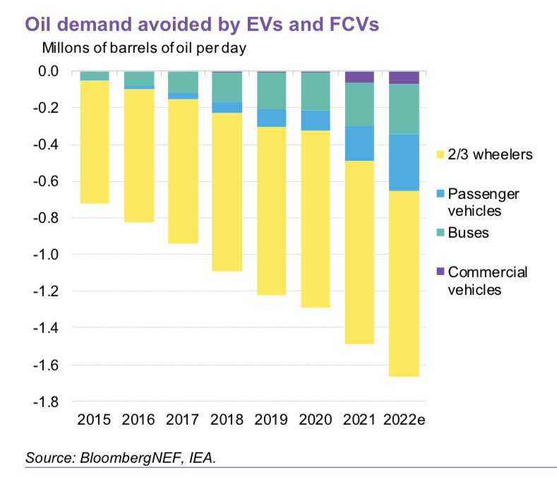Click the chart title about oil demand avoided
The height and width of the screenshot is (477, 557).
(x=202, y=25)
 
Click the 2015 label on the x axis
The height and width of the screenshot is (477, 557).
(x=95, y=420)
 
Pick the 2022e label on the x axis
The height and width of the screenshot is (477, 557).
(x=404, y=420)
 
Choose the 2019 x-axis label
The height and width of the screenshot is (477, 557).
(x=271, y=420)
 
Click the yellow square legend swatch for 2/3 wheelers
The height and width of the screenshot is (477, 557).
(x=438, y=154)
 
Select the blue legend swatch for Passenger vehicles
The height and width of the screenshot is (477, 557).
(x=438, y=193)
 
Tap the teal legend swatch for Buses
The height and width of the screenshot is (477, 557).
(x=438, y=233)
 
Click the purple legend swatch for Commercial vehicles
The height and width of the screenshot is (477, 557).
(x=438, y=272)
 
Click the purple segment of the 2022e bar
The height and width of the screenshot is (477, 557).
(x=404, y=78)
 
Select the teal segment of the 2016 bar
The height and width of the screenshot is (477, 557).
(x=139, y=78)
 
